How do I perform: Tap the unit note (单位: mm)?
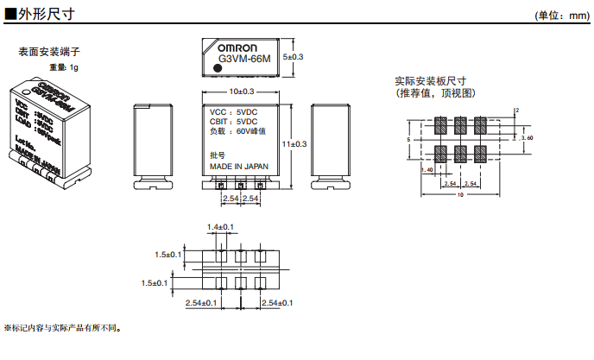561,16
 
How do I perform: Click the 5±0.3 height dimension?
294,57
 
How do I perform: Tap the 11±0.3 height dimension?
294,143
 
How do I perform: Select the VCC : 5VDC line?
233,112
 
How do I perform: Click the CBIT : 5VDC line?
233,122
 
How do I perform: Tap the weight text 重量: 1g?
64,66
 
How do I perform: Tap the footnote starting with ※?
64,328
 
